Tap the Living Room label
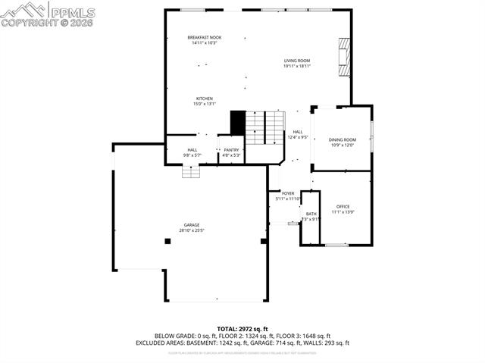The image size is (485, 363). click(x=297, y=61)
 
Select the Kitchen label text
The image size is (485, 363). click(x=204, y=99)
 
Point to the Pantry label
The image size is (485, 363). click(x=231, y=150)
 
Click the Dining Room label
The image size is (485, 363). click(x=343, y=140)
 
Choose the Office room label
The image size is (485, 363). click(x=343, y=207)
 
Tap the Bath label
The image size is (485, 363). click(x=311, y=214)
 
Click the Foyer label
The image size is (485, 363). click(x=288, y=193)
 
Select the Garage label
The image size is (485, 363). click(x=191, y=224)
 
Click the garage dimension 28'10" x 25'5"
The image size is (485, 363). click(x=191, y=230)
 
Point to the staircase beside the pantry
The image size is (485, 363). click(x=265, y=127)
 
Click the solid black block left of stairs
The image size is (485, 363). click(x=238, y=123)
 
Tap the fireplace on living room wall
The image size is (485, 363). click(x=345, y=57)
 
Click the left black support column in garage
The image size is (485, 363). click(x=167, y=241)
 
